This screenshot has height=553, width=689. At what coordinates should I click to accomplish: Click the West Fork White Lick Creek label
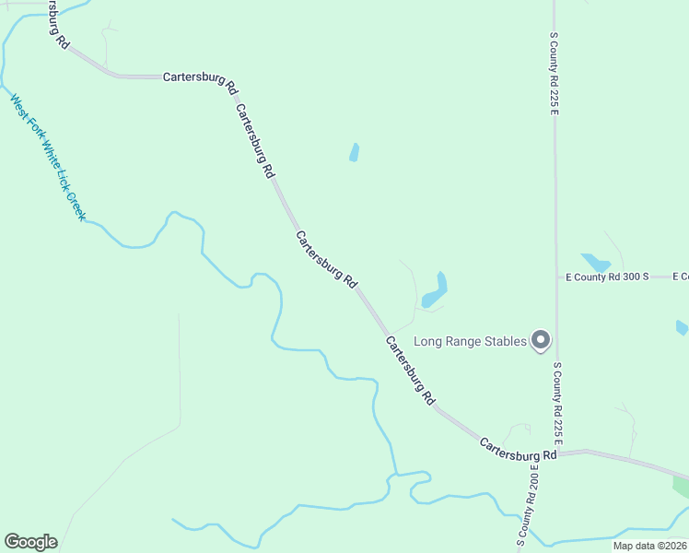[x=48, y=157]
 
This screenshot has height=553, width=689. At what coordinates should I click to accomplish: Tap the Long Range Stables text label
[x=470, y=341]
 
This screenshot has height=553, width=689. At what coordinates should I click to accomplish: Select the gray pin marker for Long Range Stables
[x=542, y=341]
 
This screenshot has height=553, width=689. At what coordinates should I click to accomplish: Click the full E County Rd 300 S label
[x=607, y=276]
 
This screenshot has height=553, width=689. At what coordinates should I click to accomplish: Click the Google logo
[x=30, y=542]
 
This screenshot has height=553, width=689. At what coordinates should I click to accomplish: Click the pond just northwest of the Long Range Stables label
[x=436, y=292]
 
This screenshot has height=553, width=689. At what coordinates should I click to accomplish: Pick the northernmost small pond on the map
[x=354, y=152]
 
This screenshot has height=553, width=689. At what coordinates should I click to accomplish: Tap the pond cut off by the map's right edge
[x=682, y=327]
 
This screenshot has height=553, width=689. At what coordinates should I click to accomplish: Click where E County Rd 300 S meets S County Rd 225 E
[x=555, y=276]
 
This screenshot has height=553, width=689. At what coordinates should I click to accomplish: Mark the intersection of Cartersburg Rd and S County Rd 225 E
[x=557, y=453]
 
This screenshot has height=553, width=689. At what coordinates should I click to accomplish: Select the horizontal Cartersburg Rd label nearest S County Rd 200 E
[x=518, y=450]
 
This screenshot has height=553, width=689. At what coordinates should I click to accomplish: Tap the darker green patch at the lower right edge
[x=681, y=486]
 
